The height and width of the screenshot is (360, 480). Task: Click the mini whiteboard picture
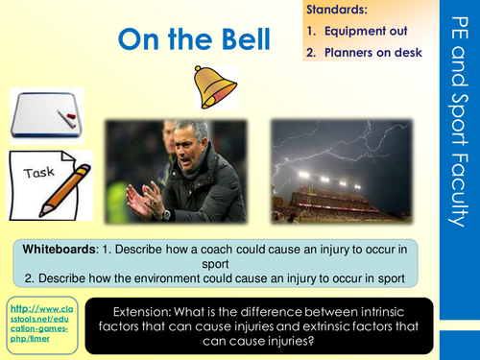[45, 115]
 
